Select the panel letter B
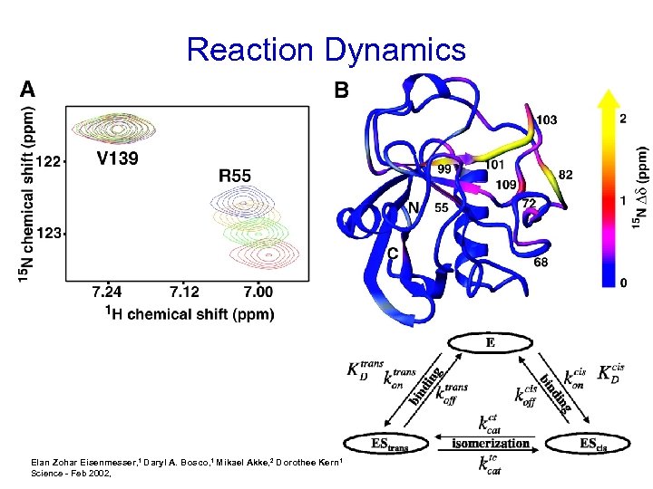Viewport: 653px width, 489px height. (x=341, y=90)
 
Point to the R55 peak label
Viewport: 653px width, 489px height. (x=235, y=176)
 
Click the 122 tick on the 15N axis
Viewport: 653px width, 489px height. (x=48, y=161)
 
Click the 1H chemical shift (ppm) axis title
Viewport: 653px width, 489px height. (x=190, y=313)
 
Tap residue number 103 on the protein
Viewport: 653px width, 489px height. (x=547, y=119)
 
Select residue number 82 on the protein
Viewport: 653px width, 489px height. (x=565, y=175)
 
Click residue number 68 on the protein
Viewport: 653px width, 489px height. (x=540, y=263)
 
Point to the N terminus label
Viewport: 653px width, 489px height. (x=413, y=207)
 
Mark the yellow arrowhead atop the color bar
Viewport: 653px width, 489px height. (x=609, y=99)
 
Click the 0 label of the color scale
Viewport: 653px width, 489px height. (x=622, y=283)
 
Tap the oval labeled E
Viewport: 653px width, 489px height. (x=489, y=343)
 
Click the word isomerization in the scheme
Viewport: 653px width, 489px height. (x=491, y=444)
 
